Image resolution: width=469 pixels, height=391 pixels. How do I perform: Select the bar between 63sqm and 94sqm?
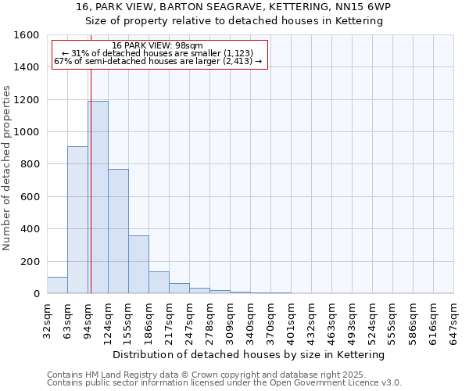tap(77, 220)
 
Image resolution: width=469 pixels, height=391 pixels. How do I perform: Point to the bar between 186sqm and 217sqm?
tap(159, 282)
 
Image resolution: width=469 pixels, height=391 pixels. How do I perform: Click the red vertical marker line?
tap(91, 195)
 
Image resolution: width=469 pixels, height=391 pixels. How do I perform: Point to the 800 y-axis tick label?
tap(30, 164)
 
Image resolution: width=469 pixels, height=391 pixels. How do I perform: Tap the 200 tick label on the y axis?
tap(30, 261)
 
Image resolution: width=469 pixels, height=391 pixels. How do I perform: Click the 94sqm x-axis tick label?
tap(88, 319)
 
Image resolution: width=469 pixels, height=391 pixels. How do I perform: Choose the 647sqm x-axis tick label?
tap(453, 319)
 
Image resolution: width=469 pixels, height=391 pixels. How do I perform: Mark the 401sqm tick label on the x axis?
tap(291, 319)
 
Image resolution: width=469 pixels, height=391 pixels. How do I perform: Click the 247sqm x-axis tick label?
tap(189, 319)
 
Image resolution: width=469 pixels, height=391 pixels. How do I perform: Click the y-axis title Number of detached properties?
tap(7, 164)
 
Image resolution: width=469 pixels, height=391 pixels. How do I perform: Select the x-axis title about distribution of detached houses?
tap(250, 355)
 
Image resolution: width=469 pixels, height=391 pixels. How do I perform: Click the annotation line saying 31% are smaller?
tap(159, 53)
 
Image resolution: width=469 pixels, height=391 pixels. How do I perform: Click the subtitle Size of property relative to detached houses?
tap(234, 21)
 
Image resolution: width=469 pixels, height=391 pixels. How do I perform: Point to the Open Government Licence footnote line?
tap(224, 383)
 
